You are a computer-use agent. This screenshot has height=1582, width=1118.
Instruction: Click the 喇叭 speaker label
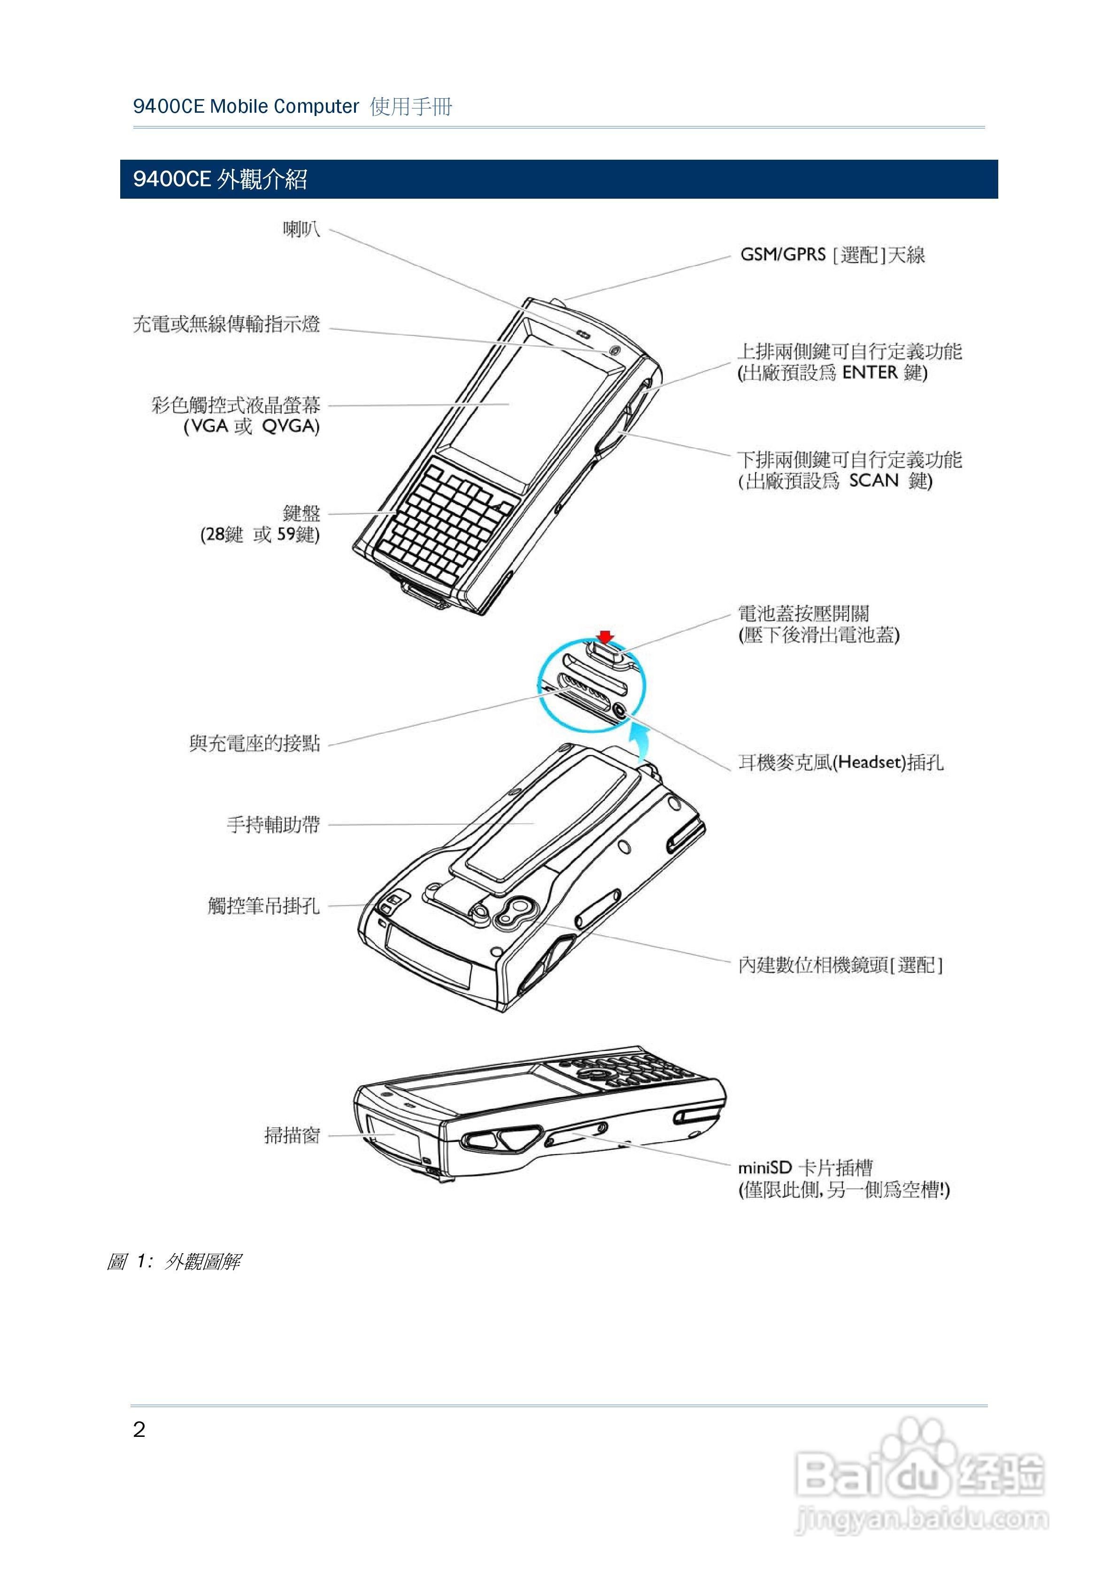click(x=301, y=229)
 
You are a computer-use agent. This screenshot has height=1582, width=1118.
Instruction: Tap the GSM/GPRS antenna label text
click(x=832, y=255)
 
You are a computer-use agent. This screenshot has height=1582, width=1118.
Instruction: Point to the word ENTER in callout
click(x=870, y=373)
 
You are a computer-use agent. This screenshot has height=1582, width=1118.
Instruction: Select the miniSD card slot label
click(x=804, y=1168)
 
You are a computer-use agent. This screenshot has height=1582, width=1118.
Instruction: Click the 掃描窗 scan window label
click(x=292, y=1135)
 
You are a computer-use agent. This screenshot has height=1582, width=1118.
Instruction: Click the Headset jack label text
click(x=840, y=762)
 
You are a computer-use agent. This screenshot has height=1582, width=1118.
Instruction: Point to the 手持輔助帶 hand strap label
click(x=273, y=824)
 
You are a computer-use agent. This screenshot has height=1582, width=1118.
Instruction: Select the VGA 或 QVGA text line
click(x=251, y=427)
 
